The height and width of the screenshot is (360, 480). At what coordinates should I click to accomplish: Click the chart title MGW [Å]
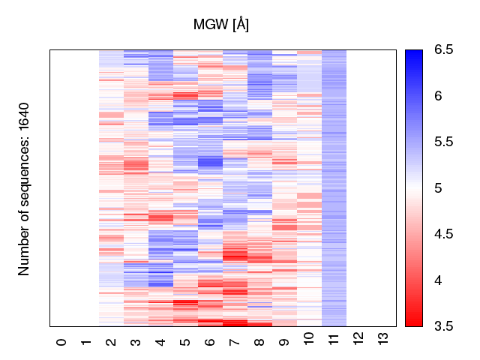coord(221,25)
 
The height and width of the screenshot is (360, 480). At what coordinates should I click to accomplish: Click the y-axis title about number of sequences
coord(25,188)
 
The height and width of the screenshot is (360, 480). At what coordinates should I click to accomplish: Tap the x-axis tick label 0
coord(62,342)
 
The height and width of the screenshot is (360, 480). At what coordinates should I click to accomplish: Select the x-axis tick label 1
coord(87,342)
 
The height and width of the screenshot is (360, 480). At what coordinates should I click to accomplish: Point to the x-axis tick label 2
coord(112,342)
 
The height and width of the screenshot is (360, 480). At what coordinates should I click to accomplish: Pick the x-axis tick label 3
coord(136,342)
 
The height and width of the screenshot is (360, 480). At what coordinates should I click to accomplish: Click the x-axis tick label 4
coord(161,342)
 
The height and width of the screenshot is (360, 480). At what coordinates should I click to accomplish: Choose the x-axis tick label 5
coord(186,342)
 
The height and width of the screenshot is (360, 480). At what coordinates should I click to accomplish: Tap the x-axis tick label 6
coord(211,342)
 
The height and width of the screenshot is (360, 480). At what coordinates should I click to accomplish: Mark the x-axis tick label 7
coord(235,342)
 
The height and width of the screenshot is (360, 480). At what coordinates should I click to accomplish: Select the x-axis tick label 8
coord(260,342)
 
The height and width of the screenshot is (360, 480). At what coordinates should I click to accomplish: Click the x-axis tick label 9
coord(285,342)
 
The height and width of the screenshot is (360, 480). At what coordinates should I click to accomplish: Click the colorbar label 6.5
coord(442,50)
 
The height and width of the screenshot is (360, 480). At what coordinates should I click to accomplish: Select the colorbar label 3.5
coord(442,325)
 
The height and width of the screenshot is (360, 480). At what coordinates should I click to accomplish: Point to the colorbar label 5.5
coord(442,142)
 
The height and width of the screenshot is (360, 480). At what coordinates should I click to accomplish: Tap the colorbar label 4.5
coord(442,234)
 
